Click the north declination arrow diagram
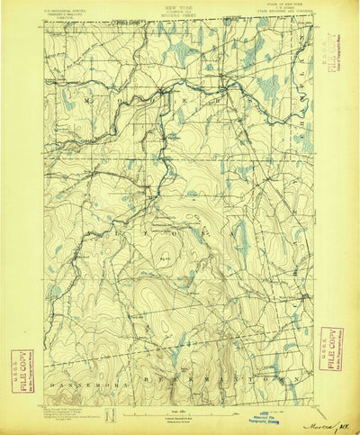point(110,416)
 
